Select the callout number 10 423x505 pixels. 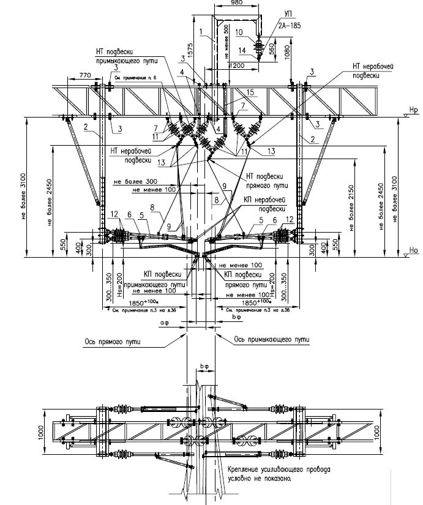[239, 31]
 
